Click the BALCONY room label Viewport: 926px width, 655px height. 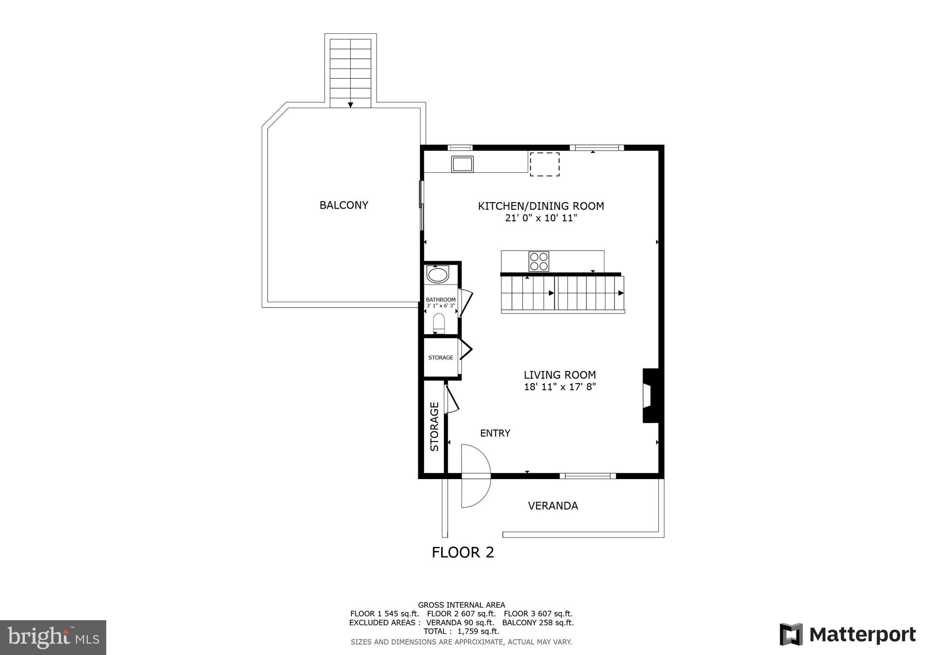pyautogui.click(x=344, y=205)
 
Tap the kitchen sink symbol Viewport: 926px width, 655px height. pyautogui.click(x=462, y=164)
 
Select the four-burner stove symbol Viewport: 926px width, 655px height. pyautogui.click(x=539, y=261)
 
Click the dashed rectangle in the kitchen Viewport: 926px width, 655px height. pyautogui.click(x=544, y=164)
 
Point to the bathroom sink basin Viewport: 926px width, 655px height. pyautogui.click(x=437, y=275)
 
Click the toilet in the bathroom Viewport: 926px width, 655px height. pyautogui.click(x=439, y=323)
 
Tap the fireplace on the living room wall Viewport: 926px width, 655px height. pyautogui.click(x=650, y=396)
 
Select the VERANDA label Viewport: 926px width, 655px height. pyautogui.click(x=553, y=506)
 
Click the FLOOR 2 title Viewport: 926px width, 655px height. pyautogui.click(x=463, y=552)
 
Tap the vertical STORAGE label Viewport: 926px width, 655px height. pyautogui.click(x=435, y=427)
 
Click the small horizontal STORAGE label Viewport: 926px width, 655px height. pyautogui.click(x=440, y=358)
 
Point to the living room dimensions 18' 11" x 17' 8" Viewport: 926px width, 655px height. pyautogui.click(x=560, y=387)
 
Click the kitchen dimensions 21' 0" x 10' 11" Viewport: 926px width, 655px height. pyautogui.click(x=541, y=218)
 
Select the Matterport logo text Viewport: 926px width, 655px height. pyautogui.click(x=862, y=635)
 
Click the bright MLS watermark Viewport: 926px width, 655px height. pyautogui.click(x=53, y=637)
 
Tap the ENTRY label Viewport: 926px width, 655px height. pyautogui.click(x=495, y=433)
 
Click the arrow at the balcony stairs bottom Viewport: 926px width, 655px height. pyautogui.click(x=350, y=105)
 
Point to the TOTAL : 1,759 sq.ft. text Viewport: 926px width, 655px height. pyautogui.click(x=461, y=631)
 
